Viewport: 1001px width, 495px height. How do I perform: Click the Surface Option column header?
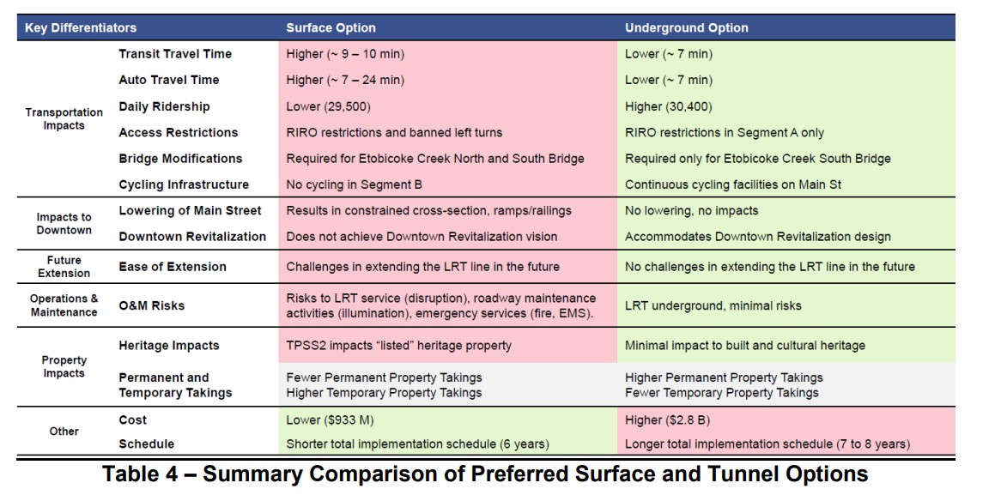[x=331, y=28]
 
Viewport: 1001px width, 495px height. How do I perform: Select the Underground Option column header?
[x=686, y=28]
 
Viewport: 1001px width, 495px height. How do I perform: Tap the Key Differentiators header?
[x=81, y=28]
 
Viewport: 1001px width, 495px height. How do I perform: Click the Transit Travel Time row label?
[x=175, y=54]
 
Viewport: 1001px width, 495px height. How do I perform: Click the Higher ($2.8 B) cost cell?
[x=668, y=420]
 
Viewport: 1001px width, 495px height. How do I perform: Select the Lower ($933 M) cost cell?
[x=330, y=420]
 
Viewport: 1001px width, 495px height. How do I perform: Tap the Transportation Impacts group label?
[x=64, y=118]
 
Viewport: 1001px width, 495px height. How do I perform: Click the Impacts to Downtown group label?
[x=64, y=224]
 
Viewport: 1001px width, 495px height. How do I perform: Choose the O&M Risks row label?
[x=151, y=305]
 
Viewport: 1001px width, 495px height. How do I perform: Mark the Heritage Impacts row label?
[x=168, y=345]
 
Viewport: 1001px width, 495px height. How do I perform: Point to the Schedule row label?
[x=146, y=444]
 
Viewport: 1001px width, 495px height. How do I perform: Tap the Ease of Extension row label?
[x=173, y=267]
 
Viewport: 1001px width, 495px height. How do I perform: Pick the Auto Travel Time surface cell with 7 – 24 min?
[x=345, y=81]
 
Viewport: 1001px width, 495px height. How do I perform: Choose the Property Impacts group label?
[x=64, y=367]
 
